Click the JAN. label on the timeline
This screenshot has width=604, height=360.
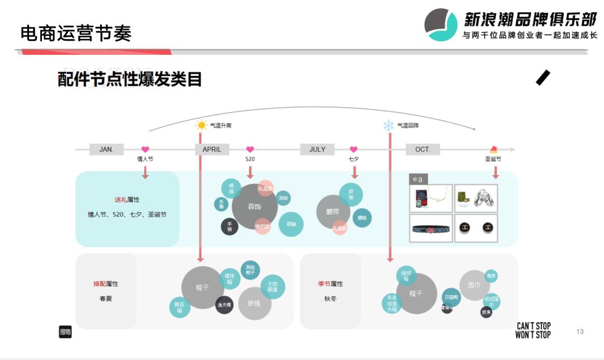tap(106, 149)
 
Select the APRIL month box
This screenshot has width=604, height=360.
tap(212, 149)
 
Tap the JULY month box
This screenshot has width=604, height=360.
tap(317, 149)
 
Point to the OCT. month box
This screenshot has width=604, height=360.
tap(423, 149)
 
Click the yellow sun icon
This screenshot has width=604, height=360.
tap(201, 125)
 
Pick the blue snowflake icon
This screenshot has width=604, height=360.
tap(388, 125)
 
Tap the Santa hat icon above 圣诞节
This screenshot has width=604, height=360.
tap(494, 149)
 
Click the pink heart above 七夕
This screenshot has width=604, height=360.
tap(353, 149)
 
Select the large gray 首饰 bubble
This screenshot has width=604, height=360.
tap(254, 206)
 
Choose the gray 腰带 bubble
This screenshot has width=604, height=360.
tap(333, 212)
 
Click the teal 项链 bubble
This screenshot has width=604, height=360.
tap(291, 224)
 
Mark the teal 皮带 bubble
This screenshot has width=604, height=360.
tap(351, 194)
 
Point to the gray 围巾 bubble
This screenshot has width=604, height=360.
tap(474, 285)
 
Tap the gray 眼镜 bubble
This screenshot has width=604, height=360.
tap(254, 303)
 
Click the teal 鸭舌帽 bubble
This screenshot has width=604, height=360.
tap(180, 307)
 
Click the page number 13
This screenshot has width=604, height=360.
tap(580, 331)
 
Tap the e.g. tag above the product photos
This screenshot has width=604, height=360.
tap(418, 179)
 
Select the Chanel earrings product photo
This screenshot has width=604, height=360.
tap(476, 228)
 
